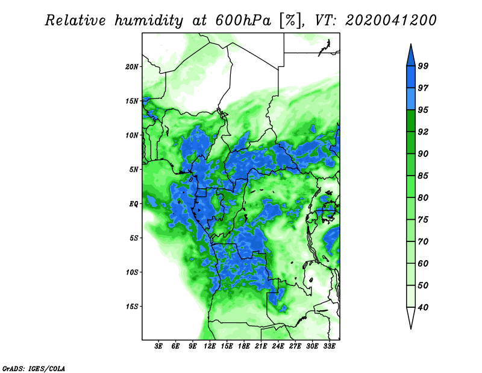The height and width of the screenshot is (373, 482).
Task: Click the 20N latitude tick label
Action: tap(132, 66)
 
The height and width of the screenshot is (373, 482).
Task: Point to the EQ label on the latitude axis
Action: tap(134, 203)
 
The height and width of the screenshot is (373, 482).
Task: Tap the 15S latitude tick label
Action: tap(132, 307)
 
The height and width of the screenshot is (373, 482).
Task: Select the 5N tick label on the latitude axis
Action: tap(134, 170)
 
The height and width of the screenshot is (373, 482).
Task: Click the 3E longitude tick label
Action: tap(158, 346)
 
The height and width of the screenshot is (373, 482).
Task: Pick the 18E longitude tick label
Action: tap(244, 346)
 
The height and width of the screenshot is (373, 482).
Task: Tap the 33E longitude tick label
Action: tap(329, 346)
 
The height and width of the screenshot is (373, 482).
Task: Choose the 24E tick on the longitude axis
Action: tap(278, 346)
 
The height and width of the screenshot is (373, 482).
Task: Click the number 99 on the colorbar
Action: tap(424, 66)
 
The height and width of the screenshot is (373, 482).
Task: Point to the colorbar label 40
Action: tap(424, 307)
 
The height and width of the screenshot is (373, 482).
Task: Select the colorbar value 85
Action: tap(424, 176)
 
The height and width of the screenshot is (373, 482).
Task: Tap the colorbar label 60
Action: tap(424, 263)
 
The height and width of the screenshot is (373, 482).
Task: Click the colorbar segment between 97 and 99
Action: tap(411, 77)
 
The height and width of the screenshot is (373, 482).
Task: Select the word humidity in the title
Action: tap(149, 21)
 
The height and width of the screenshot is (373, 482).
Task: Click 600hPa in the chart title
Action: tap(243, 21)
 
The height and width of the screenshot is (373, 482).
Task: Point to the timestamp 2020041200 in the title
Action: tap(390, 21)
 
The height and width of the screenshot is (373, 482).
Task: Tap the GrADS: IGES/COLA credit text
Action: tap(34, 368)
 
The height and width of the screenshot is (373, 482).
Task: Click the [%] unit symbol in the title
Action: tap(290, 21)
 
